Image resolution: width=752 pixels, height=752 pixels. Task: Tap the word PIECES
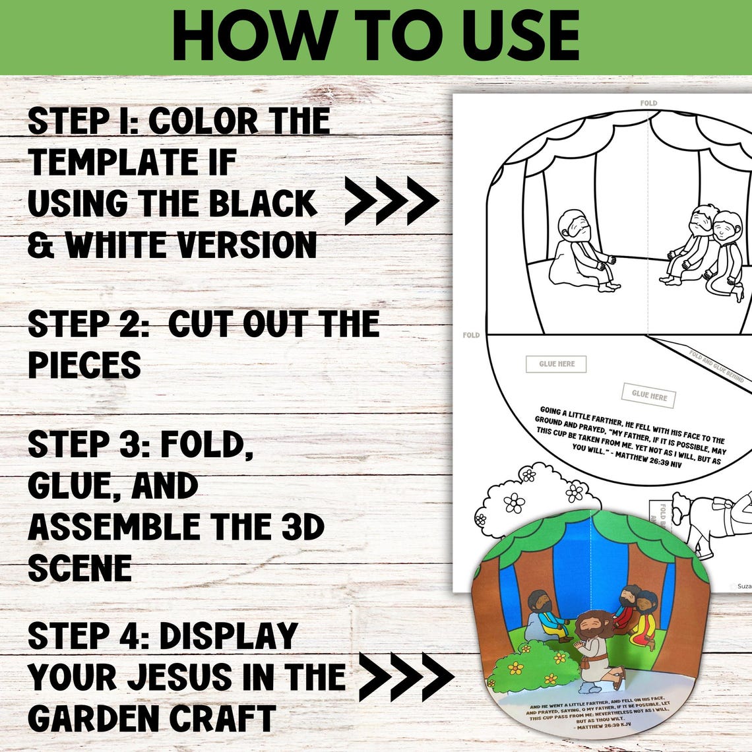coord(84,365)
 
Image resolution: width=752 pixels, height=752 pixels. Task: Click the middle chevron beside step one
coord(392,199)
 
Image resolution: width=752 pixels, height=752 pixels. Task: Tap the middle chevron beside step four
coord(406,677)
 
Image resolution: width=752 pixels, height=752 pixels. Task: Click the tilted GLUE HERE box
coord(648,395)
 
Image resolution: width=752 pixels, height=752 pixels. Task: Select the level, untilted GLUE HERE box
coord(556,363)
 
